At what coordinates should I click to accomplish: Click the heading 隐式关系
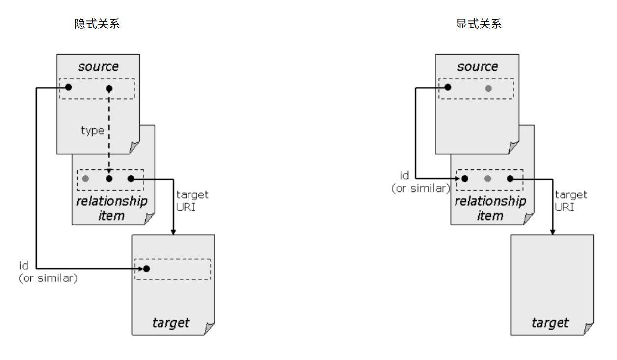pyautogui.click(x=97, y=24)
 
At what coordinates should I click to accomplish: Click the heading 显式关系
pyautogui.click(x=479, y=24)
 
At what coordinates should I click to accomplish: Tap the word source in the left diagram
pyautogui.click(x=98, y=66)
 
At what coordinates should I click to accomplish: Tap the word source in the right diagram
pyautogui.click(x=478, y=66)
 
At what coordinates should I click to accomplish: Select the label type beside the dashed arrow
pyautogui.click(x=92, y=130)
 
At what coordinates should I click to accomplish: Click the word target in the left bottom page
pyautogui.click(x=171, y=323)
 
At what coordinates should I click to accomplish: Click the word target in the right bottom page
pyautogui.click(x=550, y=323)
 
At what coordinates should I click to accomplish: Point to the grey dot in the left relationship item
pyautogui.click(x=86, y=179)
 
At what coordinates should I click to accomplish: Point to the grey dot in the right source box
pyautogui.click(x=488, y=88)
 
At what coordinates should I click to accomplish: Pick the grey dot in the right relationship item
pyautogui.click(x=488, y=179)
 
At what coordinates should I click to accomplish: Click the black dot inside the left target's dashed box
pyautogui.click(x=146, y=269)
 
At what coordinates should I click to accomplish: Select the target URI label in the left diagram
pyautogui.click(x=192, y=200)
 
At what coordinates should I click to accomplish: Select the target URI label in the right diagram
pyautogui.click(x=571, y=200)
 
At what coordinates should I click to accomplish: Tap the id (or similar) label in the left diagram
pyautogui.click(x=48, y=272)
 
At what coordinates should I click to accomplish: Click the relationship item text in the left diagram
pyautogui.click(x=111, y=208)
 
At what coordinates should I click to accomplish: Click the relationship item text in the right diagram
pyautogui.click(x=490, y=208)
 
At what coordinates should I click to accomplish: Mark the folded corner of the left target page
pyautogui.click(x=210, y=330)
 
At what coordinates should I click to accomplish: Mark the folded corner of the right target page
pyautogui.click(x=589, y=330)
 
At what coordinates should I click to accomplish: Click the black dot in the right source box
pyautogui.click(x=448, y=88)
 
